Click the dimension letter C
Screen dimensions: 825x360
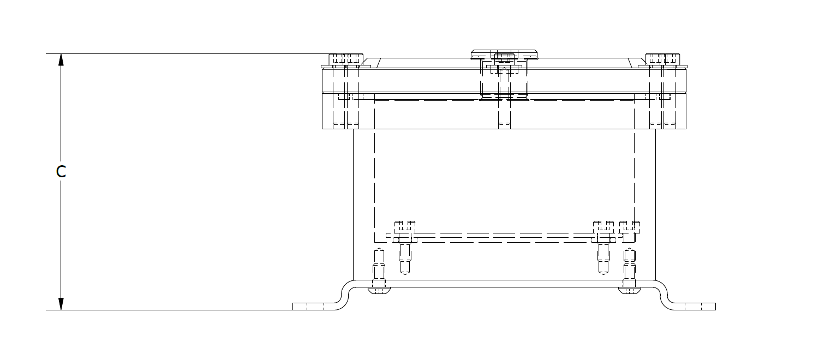click(61, 171)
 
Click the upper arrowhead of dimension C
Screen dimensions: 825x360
click(61, 60)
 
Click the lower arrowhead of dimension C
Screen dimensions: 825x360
click(61, 304)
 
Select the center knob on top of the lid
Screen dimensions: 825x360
click(504, 55)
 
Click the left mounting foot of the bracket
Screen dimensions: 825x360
click(314, 307)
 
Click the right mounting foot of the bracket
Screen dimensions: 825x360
click(695, 307)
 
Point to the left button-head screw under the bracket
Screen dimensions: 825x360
click(379, 290)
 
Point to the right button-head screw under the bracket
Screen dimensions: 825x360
click(630, 290)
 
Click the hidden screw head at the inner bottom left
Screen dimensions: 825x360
click(405, 227)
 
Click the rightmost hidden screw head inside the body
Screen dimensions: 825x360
click(630, 227)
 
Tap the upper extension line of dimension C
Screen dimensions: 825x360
click(187, 54)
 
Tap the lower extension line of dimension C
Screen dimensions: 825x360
click(169, 310)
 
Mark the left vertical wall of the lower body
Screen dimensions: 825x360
click(353, 205)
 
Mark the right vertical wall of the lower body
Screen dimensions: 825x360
click(656, 205)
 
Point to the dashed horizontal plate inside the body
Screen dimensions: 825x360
click(505, 236)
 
